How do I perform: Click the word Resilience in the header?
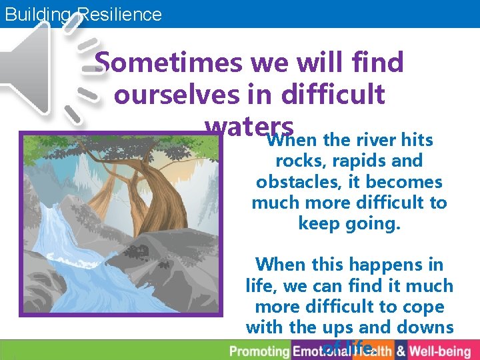click(x=120, y=14)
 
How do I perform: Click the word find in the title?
click(x=378, y=63)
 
